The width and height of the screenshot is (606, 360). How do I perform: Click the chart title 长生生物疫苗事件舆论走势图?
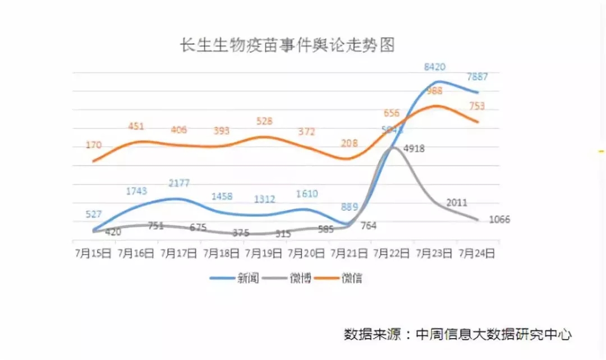(x=287, y=45)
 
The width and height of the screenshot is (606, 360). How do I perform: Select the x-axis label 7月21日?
(x=348, y=253)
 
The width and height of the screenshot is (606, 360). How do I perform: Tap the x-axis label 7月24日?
(x=477, y=253)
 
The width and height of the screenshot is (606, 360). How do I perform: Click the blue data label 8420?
(x=434, y=67)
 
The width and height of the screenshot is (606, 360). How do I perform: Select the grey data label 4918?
(x=414, y=149)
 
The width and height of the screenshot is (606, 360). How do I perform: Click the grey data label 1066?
(x=499, y=219)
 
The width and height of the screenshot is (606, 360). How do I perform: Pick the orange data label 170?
(x=94, y=145)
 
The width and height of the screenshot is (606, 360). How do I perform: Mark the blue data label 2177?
(x=179, y=183)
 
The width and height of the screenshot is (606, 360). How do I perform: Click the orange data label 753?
(x=476, y=106)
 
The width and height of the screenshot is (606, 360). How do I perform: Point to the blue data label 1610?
(x=306, y=194)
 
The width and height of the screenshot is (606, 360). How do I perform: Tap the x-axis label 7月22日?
(x=391, y=253)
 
